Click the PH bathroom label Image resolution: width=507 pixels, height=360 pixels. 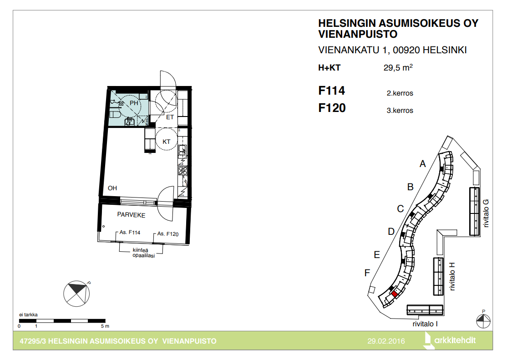tap(134, 103)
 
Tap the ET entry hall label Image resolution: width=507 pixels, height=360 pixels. tap(170, 117)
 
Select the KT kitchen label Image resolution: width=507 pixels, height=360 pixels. tap(166, 142)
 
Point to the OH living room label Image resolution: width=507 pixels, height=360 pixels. tap(112, 188)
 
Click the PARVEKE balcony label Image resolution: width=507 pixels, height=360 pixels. tap(131, 215)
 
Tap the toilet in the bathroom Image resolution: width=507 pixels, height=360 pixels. tap(115, 115)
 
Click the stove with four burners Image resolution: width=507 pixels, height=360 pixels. tap(183, 170)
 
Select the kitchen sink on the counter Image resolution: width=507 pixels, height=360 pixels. tap(183, 151)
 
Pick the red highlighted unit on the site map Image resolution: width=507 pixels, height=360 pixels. tap(395, 294)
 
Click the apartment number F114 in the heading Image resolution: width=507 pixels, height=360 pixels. tap(331, 91)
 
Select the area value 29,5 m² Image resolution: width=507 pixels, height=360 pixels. tap(398, 67)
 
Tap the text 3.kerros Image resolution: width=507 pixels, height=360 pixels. tap(400, 110)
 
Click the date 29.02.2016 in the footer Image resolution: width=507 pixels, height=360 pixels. tap(386, 341)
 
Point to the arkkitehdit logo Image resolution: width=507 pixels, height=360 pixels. tap(450, 340)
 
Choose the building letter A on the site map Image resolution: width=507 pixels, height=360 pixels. tap(423, 164)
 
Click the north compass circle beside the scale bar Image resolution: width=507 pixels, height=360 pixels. tap(76, 294)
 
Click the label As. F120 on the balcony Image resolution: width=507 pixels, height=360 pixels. tap(168, 234)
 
